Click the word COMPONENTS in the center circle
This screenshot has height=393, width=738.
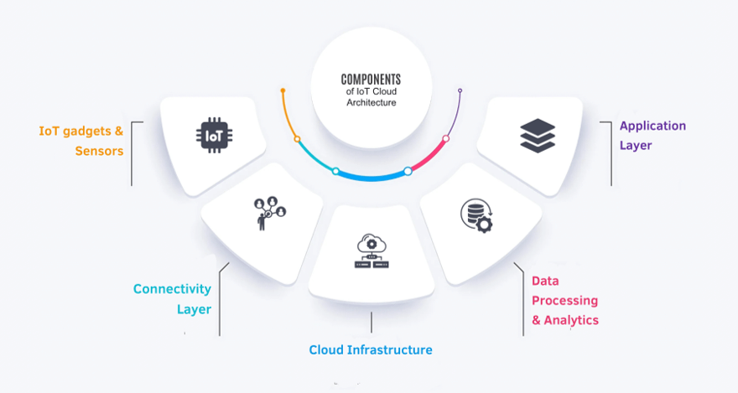click(372, 78)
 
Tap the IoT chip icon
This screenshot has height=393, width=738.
click(211, 134)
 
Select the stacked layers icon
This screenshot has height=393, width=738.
click(536, 135)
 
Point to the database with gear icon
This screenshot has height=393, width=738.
click(476, 215)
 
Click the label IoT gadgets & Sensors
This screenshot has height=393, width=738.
click(81, 141)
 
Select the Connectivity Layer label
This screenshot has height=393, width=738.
click(173, 299)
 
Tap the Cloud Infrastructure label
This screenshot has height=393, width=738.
click(371, 349)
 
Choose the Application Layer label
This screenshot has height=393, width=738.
click(652, 136)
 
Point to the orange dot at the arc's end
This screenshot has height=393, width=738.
click(283, 90)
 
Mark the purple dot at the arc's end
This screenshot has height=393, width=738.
click(460, 90)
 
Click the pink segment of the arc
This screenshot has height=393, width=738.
click(429, 157)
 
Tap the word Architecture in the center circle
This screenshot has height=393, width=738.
click(372, 102)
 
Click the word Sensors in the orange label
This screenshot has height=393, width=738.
click(99, 152)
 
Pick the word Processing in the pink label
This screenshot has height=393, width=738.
click(565, 300)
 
